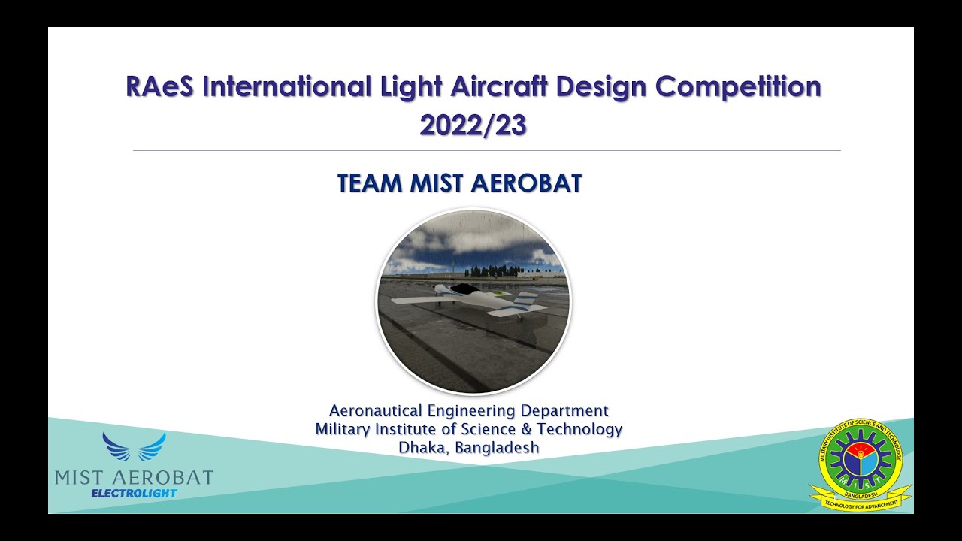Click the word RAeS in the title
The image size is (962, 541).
(x=160, y=87)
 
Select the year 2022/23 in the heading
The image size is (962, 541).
(x=473, y=125)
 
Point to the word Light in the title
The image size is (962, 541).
(x=411, y=87)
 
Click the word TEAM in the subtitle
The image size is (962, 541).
(x=370, y=183)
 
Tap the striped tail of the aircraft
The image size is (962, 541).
(x=526, y=302)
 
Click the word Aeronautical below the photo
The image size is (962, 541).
(x=376, y=410)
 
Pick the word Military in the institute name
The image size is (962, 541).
(x=341, y=429)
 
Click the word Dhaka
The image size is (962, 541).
(x=421, y=447)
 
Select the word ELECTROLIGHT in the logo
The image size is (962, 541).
(x=134, y=494)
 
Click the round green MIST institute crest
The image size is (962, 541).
(x=861, y=458)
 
